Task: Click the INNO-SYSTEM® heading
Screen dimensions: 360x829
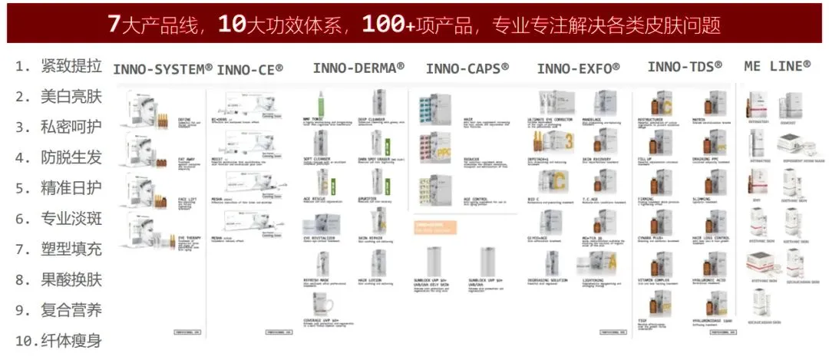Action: click(x=163, y=69)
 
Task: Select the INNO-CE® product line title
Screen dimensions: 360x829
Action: click(x=249, y=70)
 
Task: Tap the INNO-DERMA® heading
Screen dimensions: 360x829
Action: click(x=358, y=68)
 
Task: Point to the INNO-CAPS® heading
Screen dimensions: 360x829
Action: click(x=467, y=68)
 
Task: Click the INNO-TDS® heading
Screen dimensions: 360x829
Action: click(x=685, y=67)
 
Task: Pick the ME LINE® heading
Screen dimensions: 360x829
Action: click(x=777, y=67)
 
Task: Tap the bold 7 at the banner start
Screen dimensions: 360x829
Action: click(x=114, y=24)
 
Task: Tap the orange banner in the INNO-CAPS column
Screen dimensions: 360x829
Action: click(x=436, y=227)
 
